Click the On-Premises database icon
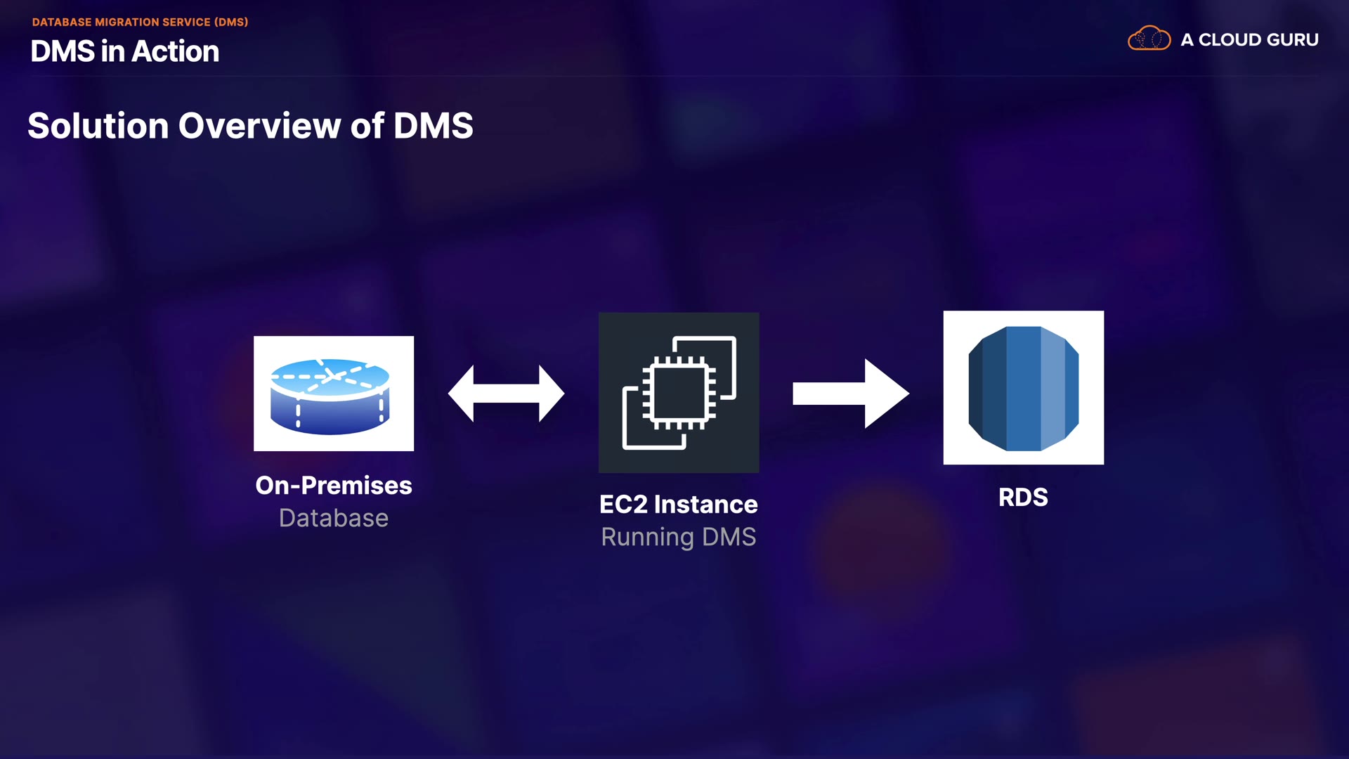pyautogui.click(x=334, y=394)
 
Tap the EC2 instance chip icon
pyautogui.click(x=679, y=392)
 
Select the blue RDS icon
pyautogui.click(x=1024, y=388)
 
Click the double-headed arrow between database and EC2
pyautogui.click(x=506, y=394)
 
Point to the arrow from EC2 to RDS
pyautogui.click(x=851, y=394)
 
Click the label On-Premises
pyautogui.click(x=334, y=486)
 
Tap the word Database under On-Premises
pyautogui.click(x=334, y=518)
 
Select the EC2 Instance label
pyautogui.click(x=679, y=505)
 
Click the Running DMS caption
pyautogui.click(x=679, y=538)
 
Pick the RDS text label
pyautogui.click(x=1024, y=498)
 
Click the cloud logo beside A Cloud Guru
pyautogui.click(x=1149, y=38)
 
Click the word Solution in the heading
pyautogui.click(x=98, y=126)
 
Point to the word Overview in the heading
pyautogui.click(x=260, y=126)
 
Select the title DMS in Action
pyautogui.click(x=125, y=51)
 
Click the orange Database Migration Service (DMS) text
pyautogui.click(x=141, y=22)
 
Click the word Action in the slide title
pyautogui.click(x=176, y=51)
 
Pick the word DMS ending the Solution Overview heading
pyautogui.click(x=434, y=126)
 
